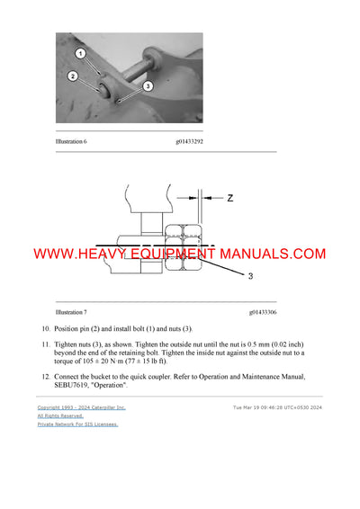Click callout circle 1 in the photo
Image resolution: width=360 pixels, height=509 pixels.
click(x=80, y=54)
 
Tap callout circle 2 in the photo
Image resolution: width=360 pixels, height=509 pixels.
click(x=72, y=76)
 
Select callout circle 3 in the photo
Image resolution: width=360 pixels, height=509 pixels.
click(x=147, y=85)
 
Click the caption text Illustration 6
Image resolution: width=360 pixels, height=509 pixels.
click(x=76, y=140)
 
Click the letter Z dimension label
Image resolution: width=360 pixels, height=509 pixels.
click(x=229, y=198)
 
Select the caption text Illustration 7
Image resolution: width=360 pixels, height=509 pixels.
click(x=76, y=311)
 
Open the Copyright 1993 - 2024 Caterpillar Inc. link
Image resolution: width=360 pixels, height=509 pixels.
click(x=81, y=407)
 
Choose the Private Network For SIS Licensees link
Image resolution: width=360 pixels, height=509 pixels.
click(x=77, y=424)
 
